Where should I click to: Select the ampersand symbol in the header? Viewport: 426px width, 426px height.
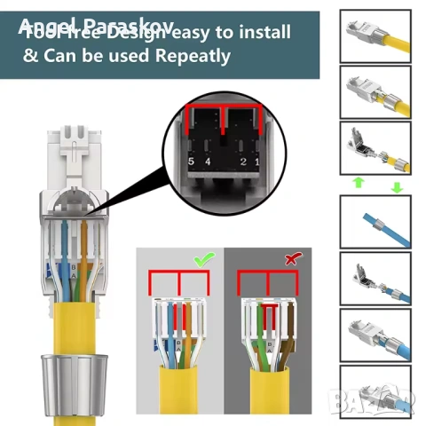[30, 55]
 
